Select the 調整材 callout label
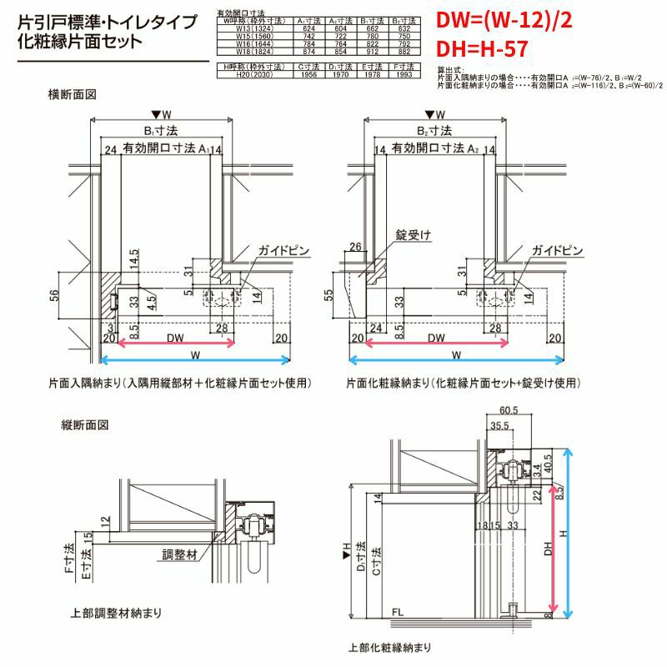tap(179, 552)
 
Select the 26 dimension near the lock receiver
tap(354, 247)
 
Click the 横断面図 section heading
tap(73, 94)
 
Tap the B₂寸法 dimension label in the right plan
tap(434, 131)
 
